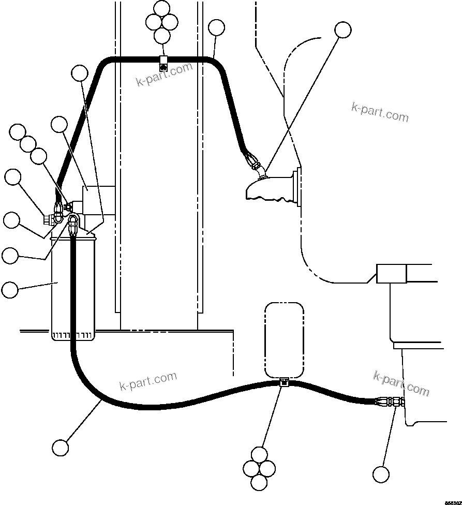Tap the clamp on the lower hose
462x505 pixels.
[x=283, y=383]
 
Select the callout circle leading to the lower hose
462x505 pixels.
[x=61, y=447]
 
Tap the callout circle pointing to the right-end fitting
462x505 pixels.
[x=381, y=474]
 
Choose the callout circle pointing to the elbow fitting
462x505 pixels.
[x=342, y=30]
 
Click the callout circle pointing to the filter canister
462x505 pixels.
[x=10, y=290]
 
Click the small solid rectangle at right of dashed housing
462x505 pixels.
[x=391, y=273]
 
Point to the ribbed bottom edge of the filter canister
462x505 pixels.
[x=73, y=336]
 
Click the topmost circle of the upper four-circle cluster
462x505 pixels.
[x=162, y=8]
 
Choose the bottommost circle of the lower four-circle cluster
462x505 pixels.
[x=259, y=482]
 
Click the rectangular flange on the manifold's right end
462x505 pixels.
[x=297, y=187]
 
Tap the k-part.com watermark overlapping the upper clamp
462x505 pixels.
[x=165, y=75]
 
